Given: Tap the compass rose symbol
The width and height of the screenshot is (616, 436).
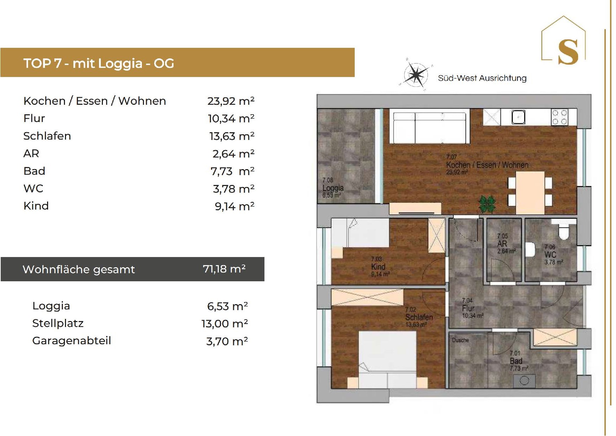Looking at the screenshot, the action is click(x=416, y=75).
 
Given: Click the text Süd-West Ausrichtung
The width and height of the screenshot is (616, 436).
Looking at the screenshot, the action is click(x=482, y=78).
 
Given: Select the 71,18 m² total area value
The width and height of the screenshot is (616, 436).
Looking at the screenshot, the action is click(x=224, y=269).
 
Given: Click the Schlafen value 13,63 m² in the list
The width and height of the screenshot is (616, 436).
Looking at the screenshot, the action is click(x=232, y=136).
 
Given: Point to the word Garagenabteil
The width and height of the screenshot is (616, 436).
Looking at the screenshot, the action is click(x=72, y=340).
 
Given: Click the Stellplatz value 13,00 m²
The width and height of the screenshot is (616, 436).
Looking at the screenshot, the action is click(x=225, y=323).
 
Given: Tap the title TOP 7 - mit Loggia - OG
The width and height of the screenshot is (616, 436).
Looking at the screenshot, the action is click(x=99, y=63).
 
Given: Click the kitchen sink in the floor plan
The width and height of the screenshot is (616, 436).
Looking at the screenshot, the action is click(x=518, y=117).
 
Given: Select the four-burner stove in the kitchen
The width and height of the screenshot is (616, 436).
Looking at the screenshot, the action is click(x=559, y=117).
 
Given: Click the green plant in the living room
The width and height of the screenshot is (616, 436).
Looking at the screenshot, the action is click(x=487, y=204).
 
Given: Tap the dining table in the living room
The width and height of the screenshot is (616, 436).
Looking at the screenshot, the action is click(x=530, y=192).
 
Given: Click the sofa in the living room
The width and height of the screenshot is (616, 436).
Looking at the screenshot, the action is click(x=431, y=128).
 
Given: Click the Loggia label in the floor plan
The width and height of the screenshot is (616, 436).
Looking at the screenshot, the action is click(x=333, y=188).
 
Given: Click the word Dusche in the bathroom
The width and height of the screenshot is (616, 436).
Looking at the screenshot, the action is click(x=460, y=340).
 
